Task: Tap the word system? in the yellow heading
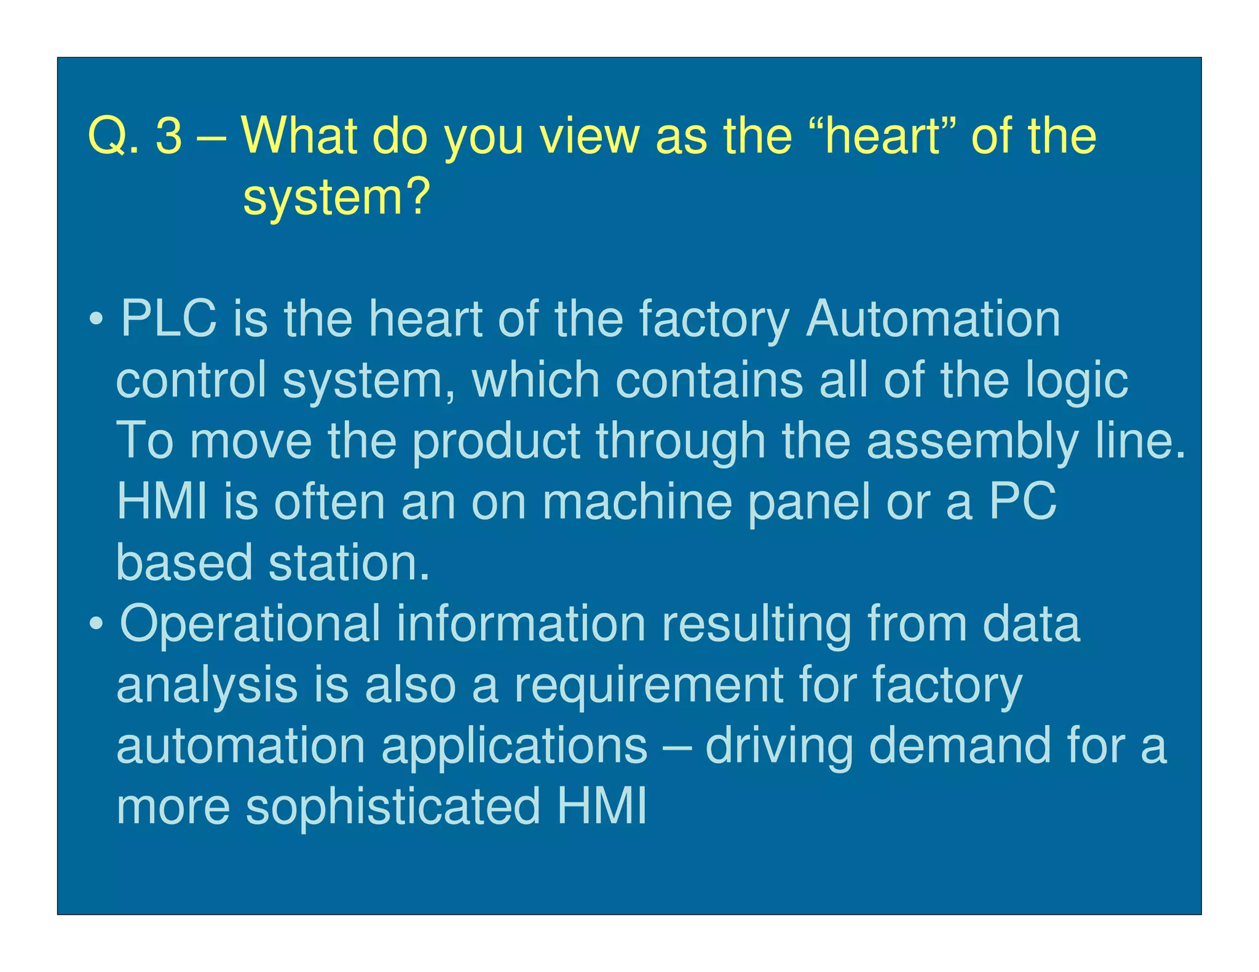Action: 336,198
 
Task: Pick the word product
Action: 496,441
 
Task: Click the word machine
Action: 637,501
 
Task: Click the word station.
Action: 349,562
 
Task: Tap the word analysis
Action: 207,684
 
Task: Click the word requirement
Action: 649,684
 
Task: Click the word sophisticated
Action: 393,805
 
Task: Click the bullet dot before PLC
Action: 96,319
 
